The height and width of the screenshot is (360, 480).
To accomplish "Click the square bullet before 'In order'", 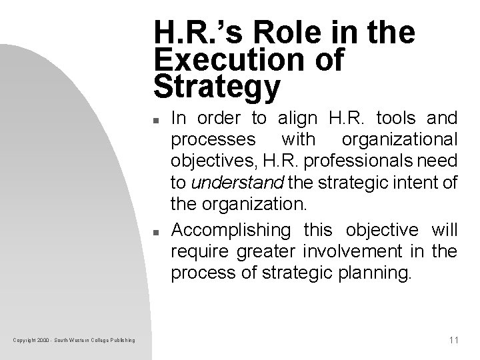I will click(154, 121).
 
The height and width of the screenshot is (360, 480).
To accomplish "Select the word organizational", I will click(399, 141).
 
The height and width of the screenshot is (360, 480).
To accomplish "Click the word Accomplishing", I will click(231, 230).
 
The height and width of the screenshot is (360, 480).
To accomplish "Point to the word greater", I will click(253, 251).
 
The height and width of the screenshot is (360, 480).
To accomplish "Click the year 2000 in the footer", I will click(43, 341).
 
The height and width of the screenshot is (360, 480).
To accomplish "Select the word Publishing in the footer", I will click(123, 341).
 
